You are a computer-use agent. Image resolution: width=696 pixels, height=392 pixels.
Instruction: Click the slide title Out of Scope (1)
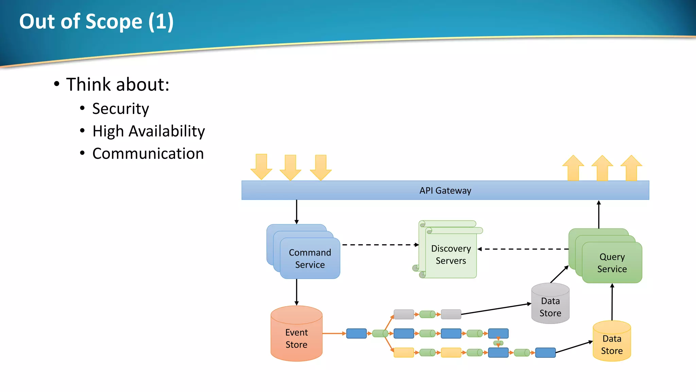[x=97, y=21]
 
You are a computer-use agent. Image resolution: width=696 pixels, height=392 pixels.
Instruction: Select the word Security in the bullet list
[x=120, y=109]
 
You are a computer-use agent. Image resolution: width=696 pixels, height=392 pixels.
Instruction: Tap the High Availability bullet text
[x=149, y=131]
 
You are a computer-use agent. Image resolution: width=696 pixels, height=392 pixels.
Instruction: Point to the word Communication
[x=148, y=154]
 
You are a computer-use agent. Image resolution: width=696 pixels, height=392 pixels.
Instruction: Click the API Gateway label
[x=445, y=191]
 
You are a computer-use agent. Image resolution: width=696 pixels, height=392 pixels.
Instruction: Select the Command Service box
[x=310, y=259]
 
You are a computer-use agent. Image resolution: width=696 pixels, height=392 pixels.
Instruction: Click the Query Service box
[x=612, y=263]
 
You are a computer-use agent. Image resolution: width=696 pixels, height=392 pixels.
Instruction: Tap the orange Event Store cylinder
[x=296, y=338]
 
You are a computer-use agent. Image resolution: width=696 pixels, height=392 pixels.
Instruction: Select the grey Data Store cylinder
[x=550, y=307]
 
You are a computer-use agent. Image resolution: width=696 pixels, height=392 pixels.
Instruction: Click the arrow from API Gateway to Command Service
[x=296, y=212]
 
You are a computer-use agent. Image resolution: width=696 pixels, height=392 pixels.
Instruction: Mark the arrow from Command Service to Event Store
[x=296, y=292]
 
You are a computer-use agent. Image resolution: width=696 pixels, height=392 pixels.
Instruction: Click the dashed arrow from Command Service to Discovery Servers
[x=380, y=245]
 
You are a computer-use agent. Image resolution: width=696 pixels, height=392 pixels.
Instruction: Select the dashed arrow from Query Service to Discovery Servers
[x=523, y=249]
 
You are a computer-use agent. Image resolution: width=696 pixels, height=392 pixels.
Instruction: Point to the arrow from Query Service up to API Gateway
[x=598, y=214]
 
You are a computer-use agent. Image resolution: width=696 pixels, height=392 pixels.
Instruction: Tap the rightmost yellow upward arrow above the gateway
[x=631, y=168]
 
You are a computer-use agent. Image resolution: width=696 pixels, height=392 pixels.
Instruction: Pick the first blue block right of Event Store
[x=356, y=333]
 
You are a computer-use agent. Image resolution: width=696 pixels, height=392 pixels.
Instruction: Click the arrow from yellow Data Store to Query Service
[x=612, y=302]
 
